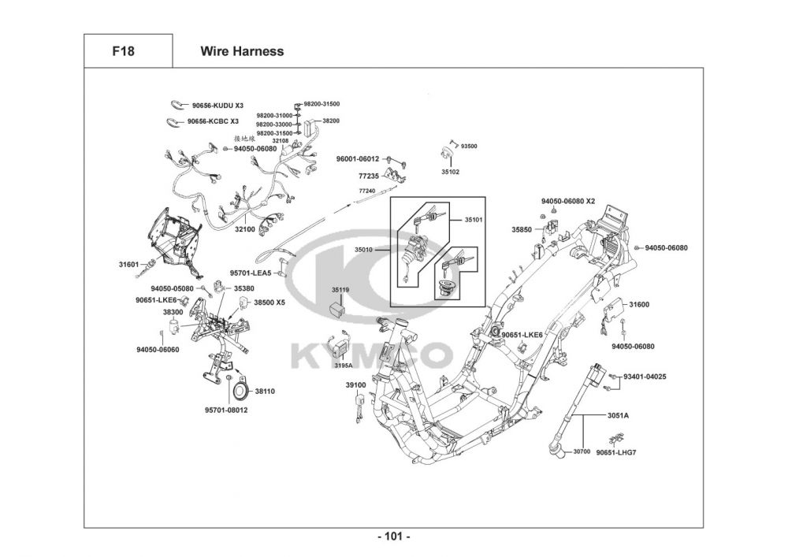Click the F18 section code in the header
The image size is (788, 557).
tap(123, 51)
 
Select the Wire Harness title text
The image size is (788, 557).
tap(242, 51)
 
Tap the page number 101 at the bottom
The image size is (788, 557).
tap(393, 537)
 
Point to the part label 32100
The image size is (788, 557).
tap(245, 229)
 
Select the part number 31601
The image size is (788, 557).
tap(128, 265)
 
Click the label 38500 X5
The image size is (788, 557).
tap(269, 303)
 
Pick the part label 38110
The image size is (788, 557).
tap(263, 390)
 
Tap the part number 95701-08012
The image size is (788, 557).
tap(226, 410)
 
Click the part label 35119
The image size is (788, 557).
tap(340, 290)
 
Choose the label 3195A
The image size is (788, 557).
tap(343, 366)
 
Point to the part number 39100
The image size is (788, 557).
tap(355, 384)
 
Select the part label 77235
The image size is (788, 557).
tap(369, 177)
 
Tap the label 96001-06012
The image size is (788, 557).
tap(358, 158)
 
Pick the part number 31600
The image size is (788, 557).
tap(639, 304)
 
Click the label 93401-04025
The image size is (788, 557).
tap(645, 377)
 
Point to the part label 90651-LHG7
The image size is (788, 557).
tap(616, 452)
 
